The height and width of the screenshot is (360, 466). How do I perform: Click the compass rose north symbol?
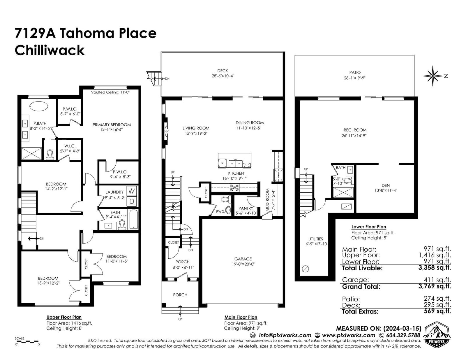(433, 76)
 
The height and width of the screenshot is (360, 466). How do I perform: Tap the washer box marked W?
(131, 191)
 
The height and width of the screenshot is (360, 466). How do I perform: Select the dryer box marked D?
(131, 201)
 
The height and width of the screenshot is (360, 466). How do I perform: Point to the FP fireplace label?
(166, 131)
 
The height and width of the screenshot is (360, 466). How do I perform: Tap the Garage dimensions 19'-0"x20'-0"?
(243, 264)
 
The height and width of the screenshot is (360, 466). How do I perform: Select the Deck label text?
(223, 71)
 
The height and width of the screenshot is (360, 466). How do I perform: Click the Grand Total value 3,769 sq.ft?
(435, 286)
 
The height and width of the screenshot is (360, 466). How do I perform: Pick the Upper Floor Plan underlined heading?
(64, 317)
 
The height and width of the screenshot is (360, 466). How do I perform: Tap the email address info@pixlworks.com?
(285, 335)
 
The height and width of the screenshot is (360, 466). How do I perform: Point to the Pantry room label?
(246, 208)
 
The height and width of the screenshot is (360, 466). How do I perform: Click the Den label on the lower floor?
(386, 186)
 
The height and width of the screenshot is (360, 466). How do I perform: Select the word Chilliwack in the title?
(50, 50)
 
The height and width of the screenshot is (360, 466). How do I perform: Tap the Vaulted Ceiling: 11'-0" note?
(110, 92)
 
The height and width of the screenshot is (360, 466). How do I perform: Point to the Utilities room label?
(315, 239)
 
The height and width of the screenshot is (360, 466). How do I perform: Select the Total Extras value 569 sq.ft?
(437, 311)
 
